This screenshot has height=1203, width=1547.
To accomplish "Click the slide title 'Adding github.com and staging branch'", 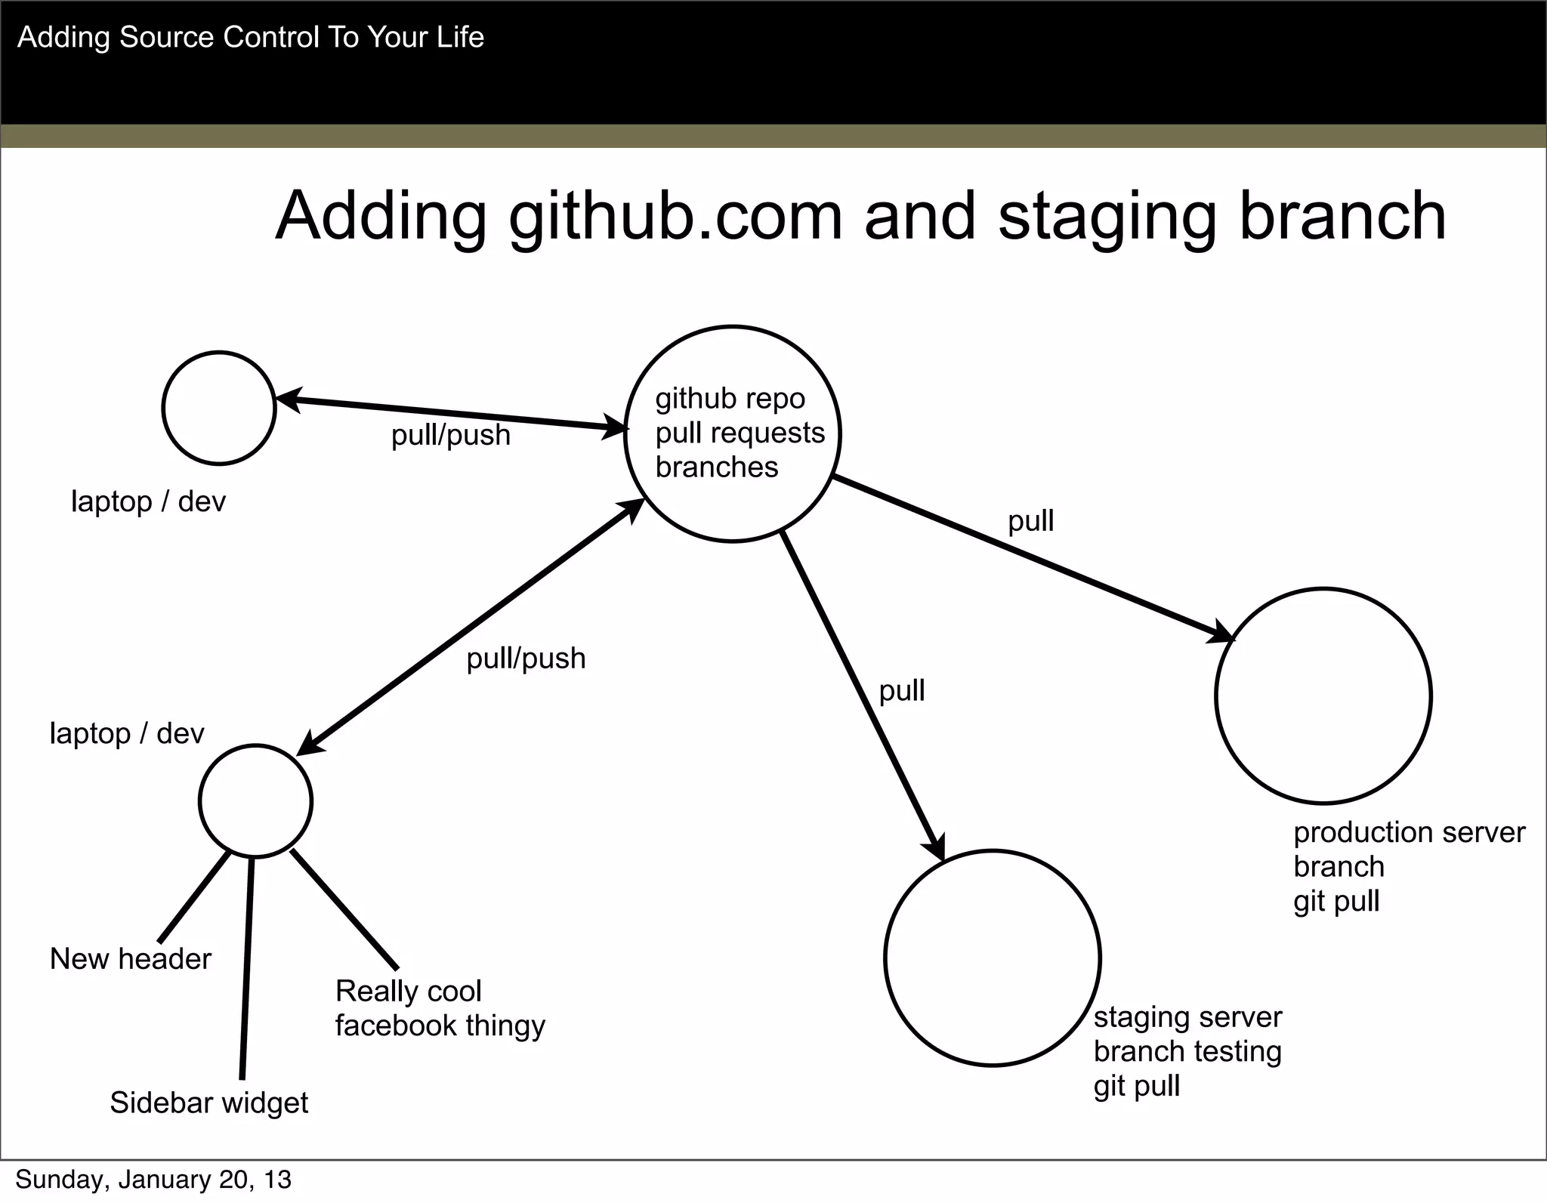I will click(x=860, y=217).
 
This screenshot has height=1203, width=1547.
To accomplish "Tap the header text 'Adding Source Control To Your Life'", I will click(x=250, y=37).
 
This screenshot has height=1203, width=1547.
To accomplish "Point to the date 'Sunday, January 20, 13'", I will click(x=153, y=1180).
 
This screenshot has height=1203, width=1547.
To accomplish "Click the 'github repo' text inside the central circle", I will click(x=730, y=399).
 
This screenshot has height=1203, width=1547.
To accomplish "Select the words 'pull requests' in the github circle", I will click(x=740, y=433).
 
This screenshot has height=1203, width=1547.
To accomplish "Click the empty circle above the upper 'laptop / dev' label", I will click(x=219, y=408).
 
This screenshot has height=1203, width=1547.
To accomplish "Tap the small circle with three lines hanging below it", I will click(x=255, y=801).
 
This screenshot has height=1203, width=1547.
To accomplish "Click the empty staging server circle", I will click(x=992, y=958).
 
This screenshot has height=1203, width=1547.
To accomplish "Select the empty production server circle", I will click(x=1323, y=696).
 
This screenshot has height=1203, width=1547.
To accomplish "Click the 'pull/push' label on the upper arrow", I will click(x=450, y=436).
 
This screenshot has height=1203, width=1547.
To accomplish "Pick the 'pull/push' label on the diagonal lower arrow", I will click(x=526, y=659).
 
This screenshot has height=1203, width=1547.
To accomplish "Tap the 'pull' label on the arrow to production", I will click(x=1030, y=521).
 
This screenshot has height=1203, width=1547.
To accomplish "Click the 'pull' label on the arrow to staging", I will click(x=901, y=691).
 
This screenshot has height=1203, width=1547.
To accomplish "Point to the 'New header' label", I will click(x=131, y=959).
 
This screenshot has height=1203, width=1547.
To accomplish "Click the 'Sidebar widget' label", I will click(x=209, y=1103).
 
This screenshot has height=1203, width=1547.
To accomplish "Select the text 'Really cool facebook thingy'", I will click(x=439, y=1008).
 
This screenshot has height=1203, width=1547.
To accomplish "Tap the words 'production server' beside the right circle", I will click(x=1409, y=833).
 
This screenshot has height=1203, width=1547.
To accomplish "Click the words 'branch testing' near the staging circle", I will click(x=1187, y=1052).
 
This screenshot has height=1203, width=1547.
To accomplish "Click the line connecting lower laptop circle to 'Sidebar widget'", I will click(x=247, y=967).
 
